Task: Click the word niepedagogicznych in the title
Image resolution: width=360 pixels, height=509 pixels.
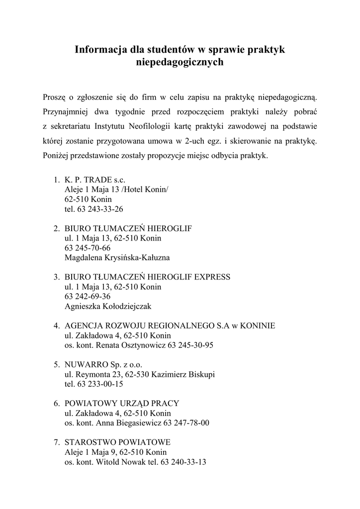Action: click(180, 62)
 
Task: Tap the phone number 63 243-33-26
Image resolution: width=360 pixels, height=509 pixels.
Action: click(100, 209)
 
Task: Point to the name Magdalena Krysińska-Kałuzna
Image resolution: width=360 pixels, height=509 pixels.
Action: click(117, 257)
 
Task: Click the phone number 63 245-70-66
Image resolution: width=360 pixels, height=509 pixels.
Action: click(88, 248)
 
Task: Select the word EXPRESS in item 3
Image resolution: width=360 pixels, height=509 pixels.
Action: click(214, 277)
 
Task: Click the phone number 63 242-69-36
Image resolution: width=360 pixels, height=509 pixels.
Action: click(88, 296)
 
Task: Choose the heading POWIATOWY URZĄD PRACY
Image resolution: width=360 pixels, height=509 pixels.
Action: click(122, 403)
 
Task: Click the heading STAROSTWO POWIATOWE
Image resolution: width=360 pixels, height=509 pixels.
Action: click(118, 442)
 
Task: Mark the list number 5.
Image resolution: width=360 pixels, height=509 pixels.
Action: click(57, 364)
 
